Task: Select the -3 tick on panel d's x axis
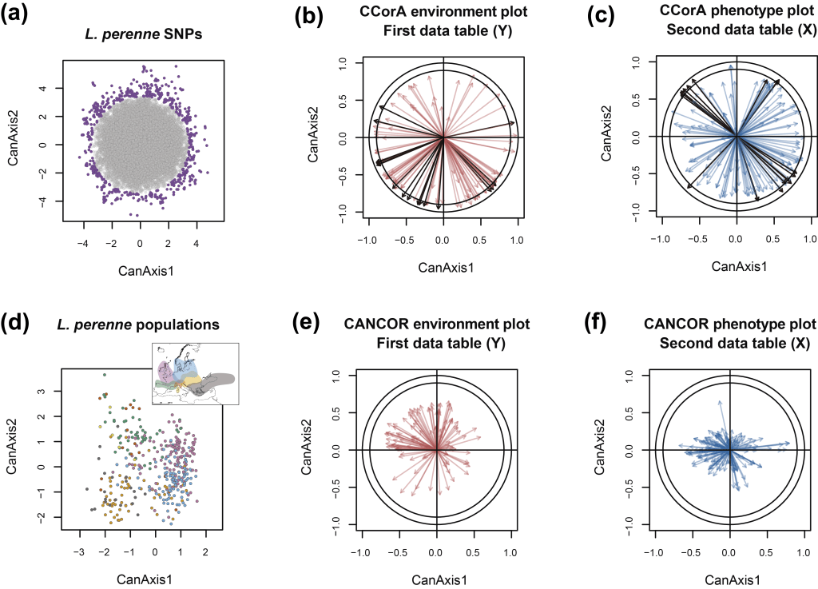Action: pos(78,552)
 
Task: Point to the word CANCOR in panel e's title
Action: pos(371,324)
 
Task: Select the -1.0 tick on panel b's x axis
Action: pos(366,239)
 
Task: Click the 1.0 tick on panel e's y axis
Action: pos(336,374)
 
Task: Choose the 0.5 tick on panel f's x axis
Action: pos(766,552)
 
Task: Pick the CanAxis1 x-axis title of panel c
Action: pos(735,266)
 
